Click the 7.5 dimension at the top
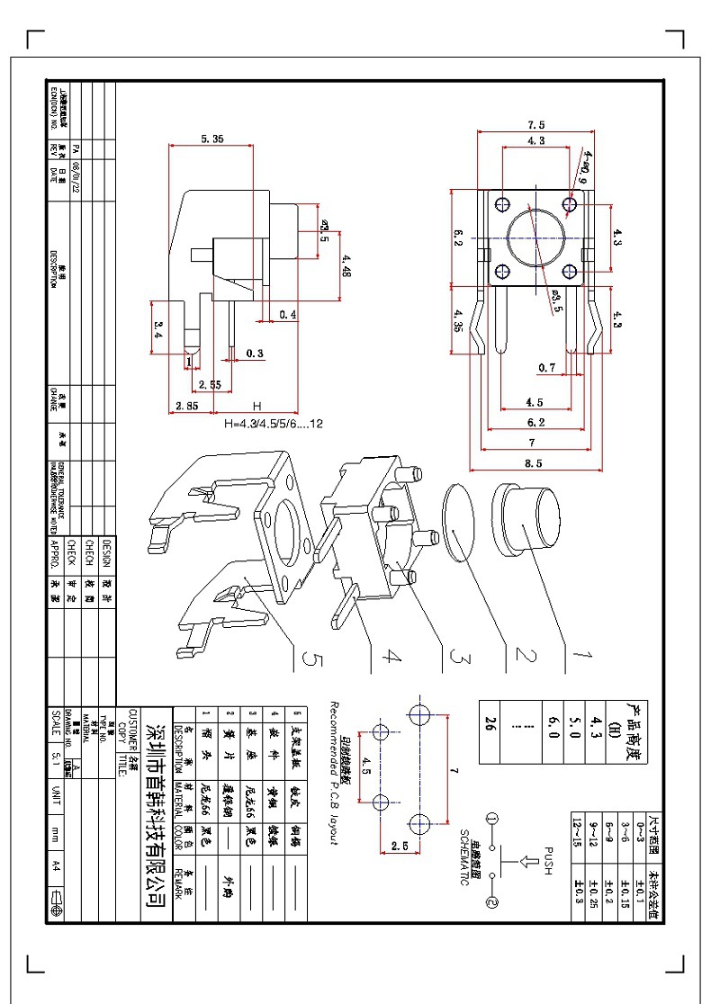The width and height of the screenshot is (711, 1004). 536,124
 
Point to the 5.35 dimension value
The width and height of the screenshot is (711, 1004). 212,139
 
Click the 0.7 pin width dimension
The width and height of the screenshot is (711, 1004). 546,367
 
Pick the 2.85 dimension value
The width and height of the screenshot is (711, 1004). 187,407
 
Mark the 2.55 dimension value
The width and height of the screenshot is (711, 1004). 210,385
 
